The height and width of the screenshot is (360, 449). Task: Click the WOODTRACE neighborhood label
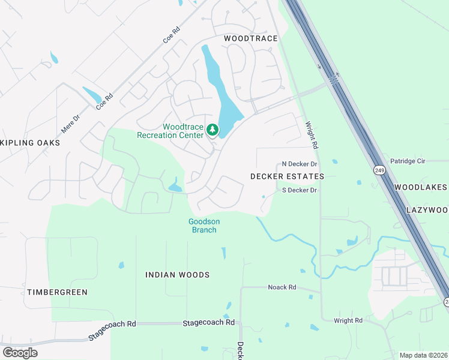pyautogui.click(x=250, y=38)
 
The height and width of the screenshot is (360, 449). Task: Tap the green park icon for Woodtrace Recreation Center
pyautogui.click(x=212, y=130)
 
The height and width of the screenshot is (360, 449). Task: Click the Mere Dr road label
pyautogui.click(x=70, y=124)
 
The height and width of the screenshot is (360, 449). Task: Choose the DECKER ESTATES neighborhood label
pyautogui.click(x=287, y=176)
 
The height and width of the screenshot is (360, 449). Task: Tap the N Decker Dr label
pyautogui.click(x=299, y=164)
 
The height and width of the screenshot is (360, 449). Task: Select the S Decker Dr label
pyautogui.click(x=299, y=190)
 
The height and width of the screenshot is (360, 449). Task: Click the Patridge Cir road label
pyautogui.click(x=408, y=161)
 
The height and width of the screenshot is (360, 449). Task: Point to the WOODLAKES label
pyautogui.click(x=421, y=187)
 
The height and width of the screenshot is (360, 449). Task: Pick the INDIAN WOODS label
pyautogui.click(x=177, y=275)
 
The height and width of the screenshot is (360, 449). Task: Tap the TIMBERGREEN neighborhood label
pyautogui.click(x=57, y=292)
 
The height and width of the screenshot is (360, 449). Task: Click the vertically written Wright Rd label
pyautogui.click(x=310, y=135)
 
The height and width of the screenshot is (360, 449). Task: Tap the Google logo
pyautogui.click(x=20, y=352)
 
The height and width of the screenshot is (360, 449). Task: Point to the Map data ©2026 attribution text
pyautogui.click(x=423, y=355)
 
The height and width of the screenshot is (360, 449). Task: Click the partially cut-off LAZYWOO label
pyautogui.click(x=427, y=210)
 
